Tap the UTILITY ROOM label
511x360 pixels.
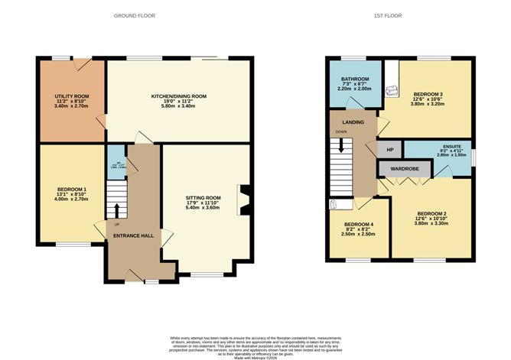click(x=72, y=96)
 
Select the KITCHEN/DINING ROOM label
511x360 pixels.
click(x=179, y=96)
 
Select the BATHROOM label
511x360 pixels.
click(x=355, y=79)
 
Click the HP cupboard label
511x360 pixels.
click(x=389, y=149)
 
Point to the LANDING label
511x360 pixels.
click(x=352, y=122)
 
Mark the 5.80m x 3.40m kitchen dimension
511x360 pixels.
click(x=179, y=106)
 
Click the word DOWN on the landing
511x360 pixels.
click(x=341, y=131)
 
